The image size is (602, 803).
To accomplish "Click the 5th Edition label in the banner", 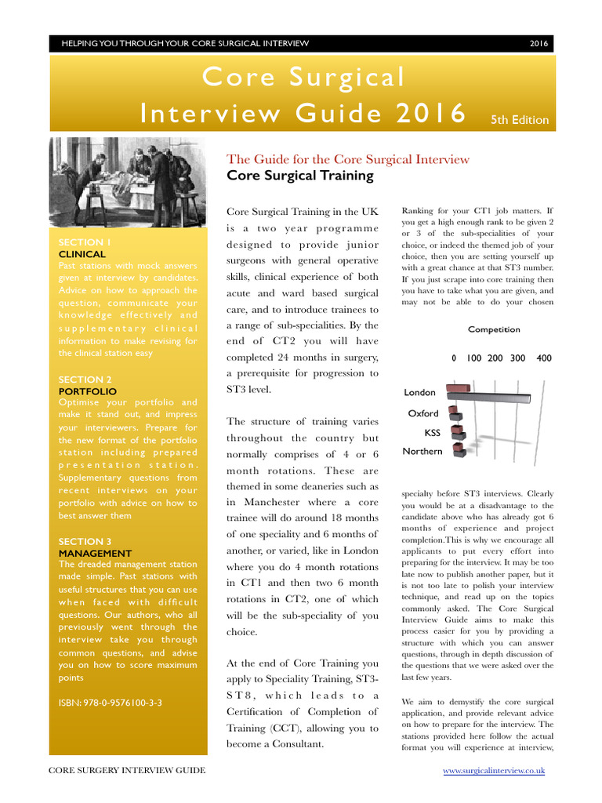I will click(x=520, y=120).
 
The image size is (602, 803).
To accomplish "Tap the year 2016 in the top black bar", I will click(x=539, y=44).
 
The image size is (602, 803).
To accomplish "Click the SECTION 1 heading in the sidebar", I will click(x=85, y=242).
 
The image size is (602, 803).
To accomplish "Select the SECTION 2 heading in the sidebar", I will click(x=85, y=380).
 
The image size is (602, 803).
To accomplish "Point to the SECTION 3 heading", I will click(x=85, y=541).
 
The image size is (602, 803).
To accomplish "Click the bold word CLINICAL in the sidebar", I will click(x=82, y=254).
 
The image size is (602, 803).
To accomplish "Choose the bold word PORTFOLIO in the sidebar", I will click(x=88, y=391).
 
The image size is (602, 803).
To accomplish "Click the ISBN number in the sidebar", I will click(x=111, y=703).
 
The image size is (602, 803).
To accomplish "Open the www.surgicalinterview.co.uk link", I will click(x=494, y=771).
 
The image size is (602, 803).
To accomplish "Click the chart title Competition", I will click(x=494, y=329).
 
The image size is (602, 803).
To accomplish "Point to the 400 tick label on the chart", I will click(x=544, y=358).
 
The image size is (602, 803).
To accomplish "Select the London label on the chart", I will click(x=419, y=392).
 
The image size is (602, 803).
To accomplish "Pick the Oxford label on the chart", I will click(x=423, y=413).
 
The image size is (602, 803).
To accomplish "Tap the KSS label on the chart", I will click(x=432, y=432).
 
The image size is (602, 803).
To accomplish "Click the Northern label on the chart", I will click(x=422, y=452).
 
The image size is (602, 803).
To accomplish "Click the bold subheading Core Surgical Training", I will click(x=299, y=175).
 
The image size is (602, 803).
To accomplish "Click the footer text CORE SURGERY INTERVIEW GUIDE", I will click(x=127, y=771).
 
